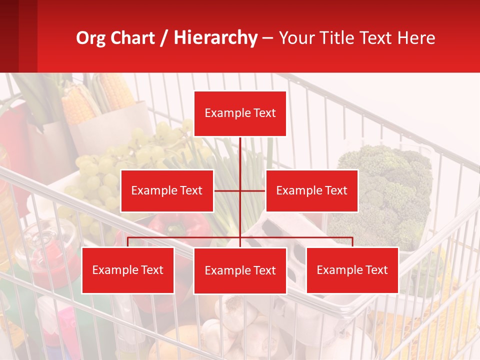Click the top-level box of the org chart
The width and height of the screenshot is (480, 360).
tap(240, 113)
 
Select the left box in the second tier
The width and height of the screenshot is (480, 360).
tap(167, 190)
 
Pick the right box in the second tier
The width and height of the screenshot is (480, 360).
tap(311, 190)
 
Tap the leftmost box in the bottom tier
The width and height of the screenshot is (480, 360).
tap(128, 270)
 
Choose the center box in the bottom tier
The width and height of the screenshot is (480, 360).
tap(240, 270)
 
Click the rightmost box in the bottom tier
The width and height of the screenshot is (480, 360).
tap(352, 270)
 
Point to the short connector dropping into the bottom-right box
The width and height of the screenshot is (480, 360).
tap(352, 242)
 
